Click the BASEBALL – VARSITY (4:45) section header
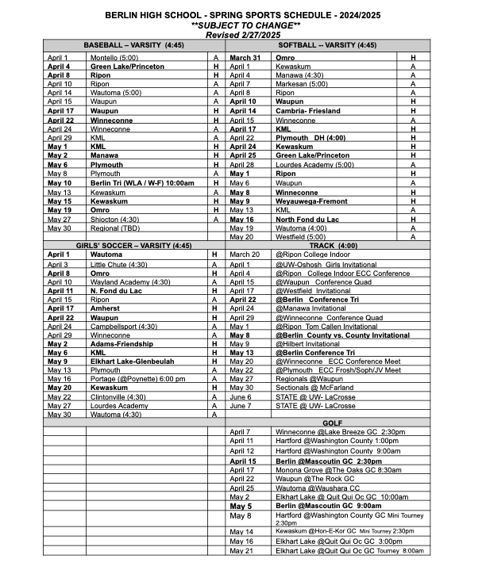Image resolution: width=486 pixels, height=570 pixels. click(x=133, y=46)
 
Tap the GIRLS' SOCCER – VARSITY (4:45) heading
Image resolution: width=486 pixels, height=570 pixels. click(x=133, y=246)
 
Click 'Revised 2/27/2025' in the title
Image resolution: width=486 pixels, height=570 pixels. click(x=242, y=35)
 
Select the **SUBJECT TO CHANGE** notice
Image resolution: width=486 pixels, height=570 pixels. click(x=242, y=25)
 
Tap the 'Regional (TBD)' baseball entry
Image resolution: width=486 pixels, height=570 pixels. click(x=112, y=228)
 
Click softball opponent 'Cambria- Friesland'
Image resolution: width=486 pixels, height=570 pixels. click(x=307, y=111)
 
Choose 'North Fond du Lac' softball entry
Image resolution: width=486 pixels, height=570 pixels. click(x=309, y=219)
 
